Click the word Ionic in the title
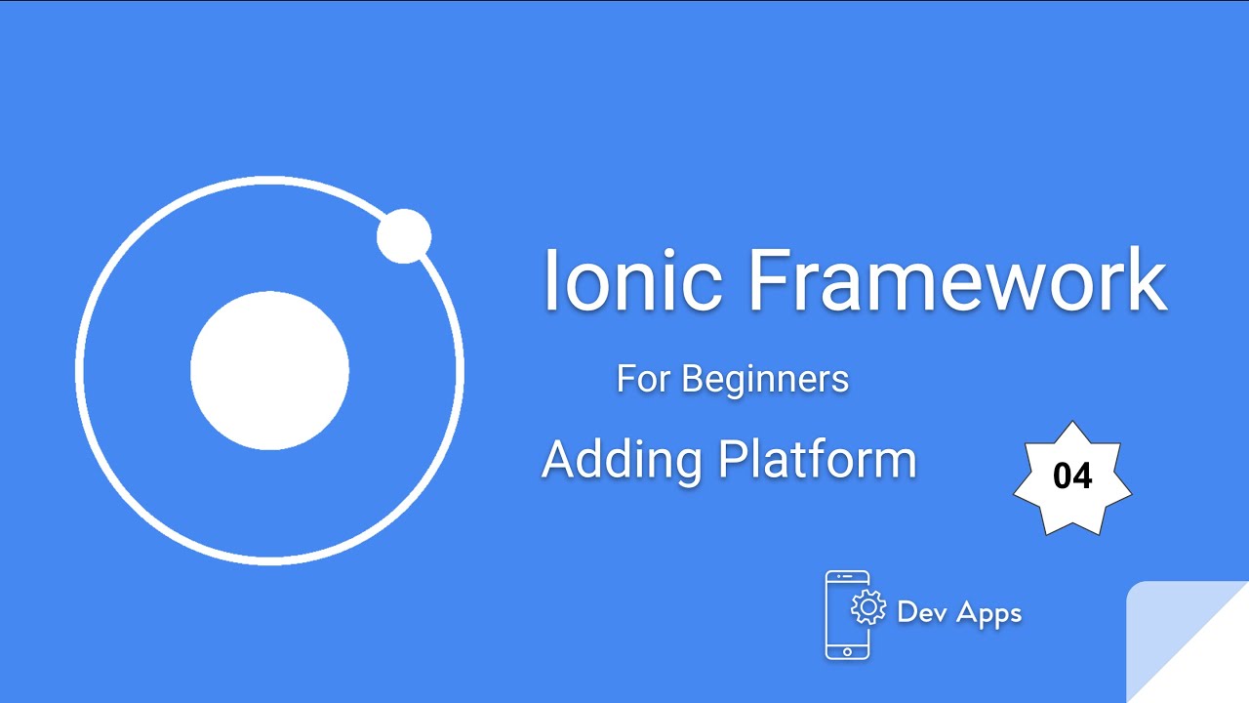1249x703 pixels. [632, 279]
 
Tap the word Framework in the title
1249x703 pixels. [957, 279]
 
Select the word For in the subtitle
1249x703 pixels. [644, 379]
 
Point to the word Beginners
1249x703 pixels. [765, 379]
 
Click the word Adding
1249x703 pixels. [622, 459]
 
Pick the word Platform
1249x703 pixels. [818, 459]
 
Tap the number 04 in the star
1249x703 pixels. [1072, 476]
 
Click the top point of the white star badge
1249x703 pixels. [1072, 426]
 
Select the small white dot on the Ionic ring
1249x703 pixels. [404, 236]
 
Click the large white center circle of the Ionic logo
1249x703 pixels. [269, 370]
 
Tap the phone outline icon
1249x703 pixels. [846, 615]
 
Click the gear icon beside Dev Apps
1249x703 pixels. [867, 607]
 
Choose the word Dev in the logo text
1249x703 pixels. [920, 612]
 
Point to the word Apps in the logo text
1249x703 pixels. [988, 613]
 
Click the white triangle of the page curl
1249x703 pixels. [1210, 664]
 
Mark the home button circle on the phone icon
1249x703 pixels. [847, 650]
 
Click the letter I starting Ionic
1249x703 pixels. [551, 279]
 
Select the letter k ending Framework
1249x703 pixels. [1151, 279]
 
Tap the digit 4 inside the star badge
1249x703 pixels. [1082, 476]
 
